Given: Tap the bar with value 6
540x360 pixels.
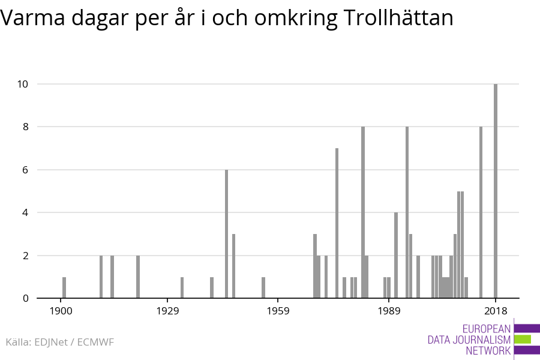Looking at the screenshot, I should [227, 234].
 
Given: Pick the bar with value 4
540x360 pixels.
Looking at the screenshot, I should [396, 255].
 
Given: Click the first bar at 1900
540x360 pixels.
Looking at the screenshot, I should [64, 287].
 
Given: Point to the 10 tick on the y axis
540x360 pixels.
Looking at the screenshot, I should [22, 84].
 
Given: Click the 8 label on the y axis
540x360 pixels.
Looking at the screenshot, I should [25, 127].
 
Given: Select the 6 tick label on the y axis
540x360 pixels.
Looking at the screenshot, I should [25, 170].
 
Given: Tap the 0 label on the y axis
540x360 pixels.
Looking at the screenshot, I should [25, 298].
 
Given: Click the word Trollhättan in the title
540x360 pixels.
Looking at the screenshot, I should [399, 19].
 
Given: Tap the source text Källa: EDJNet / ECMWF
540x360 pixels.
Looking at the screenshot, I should [59, 342].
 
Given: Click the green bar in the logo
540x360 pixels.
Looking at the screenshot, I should [523, 339].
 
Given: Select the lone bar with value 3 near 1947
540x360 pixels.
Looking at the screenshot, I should [234, 266].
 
